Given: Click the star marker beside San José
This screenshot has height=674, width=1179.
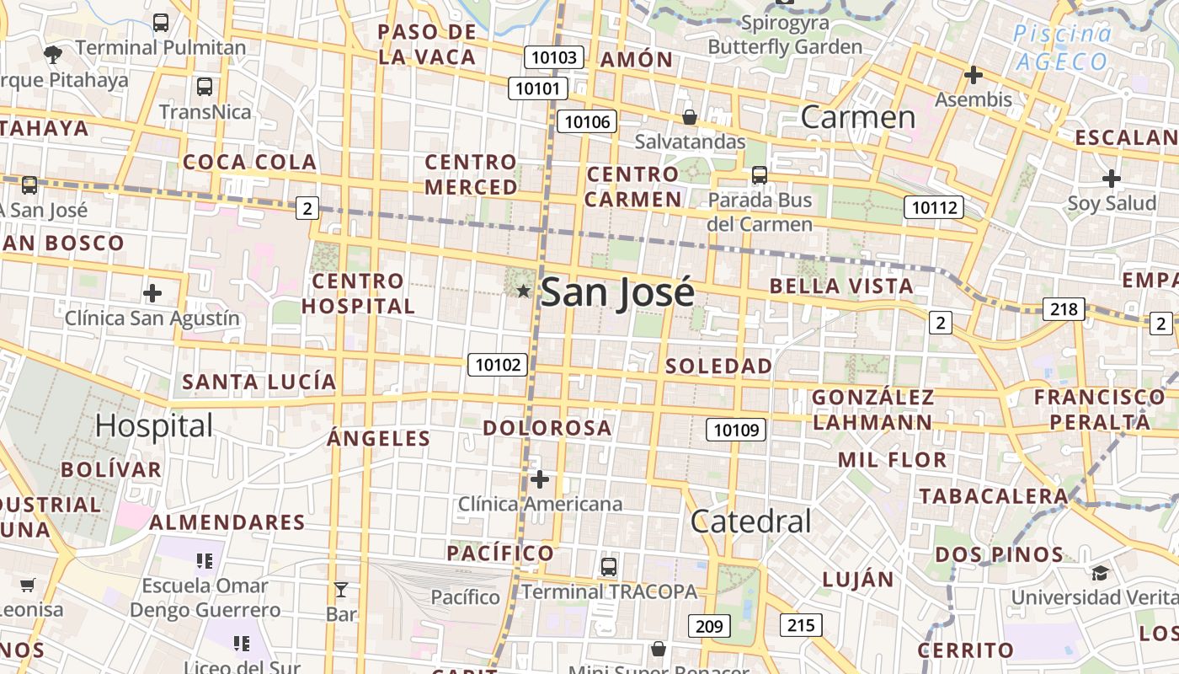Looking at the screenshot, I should pyautogui.click(x=523, y=291).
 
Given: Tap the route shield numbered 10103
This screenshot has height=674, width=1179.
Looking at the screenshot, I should pyautogui.click(x=554, y=57).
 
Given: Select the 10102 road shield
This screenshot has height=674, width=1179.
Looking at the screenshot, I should pyautogui.click(x=498, y=365).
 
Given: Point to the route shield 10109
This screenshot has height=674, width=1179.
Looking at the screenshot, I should pyautogui.click(x=735, y=430).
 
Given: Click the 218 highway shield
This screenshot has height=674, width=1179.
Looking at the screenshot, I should pyautogui.click(x=1063, y=309).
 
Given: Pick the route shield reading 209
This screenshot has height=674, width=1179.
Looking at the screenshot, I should pyautogui.click(x=709, y=626).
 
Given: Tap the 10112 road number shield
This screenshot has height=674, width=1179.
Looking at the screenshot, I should pyautogui.click(x=933, y=206).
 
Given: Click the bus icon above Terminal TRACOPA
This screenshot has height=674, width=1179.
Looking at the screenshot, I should pyautogui.click(x=609, y=566).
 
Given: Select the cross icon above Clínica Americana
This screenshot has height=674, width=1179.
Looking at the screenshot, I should pyautogui.click(x=540, y=480).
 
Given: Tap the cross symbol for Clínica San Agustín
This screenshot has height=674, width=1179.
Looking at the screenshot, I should pyautogui.click(x=152, y=293).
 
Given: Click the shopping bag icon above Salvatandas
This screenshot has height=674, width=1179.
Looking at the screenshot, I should pyautogui.click(x=690, y=117).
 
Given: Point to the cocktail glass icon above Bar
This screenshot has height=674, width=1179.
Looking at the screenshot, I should pyautogui.click(x=341, y=589).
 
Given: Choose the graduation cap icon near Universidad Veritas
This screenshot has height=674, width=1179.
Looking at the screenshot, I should pyautogui.click(x=1100, y=574).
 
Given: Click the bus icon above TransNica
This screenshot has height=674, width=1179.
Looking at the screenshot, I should pyautogui.click(x=205, y=86).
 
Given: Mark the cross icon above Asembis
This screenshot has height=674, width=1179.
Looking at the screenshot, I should pyautogui.click(x=974, y=75).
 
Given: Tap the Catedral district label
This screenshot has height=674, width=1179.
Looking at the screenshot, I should pyautogui.click(x=750, y=522).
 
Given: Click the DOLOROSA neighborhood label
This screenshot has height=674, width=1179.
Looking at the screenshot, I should pyautogui.click(x=547, y=427).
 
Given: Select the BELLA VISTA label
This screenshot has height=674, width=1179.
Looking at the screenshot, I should pyautogui.click(x=841, y=286).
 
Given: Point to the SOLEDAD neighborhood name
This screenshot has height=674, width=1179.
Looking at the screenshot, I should pyautogui.click(x=718, y=366).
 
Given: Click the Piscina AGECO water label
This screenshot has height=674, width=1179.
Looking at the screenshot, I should pyautogui.click(x=1062, y=47).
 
